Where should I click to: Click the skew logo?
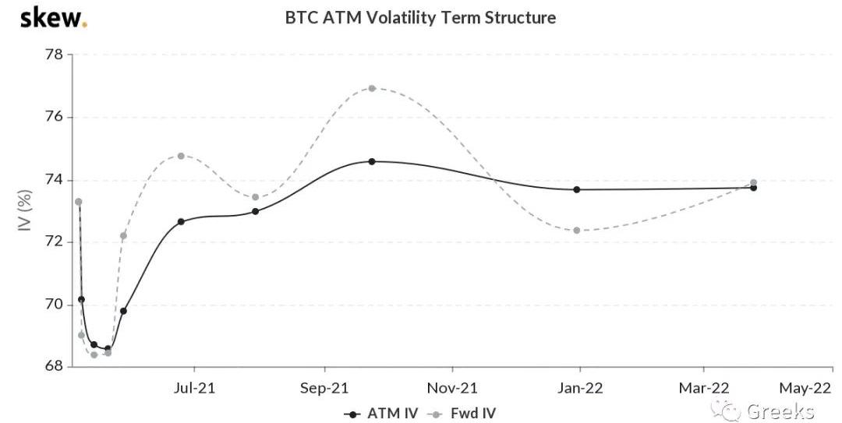coord(53,18)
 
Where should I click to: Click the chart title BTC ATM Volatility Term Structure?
coord(421,17)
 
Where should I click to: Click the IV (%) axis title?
coord(26,210)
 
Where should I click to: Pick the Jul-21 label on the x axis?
coord(194,387)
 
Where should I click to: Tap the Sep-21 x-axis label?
coord(324,387)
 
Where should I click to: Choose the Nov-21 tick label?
coord(453,387)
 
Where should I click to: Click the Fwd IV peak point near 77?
coord(372,88)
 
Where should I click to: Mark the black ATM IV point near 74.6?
coord(372,161)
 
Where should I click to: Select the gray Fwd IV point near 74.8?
coord(181,156)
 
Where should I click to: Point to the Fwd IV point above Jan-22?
coord(576,230)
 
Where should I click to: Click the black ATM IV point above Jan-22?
coord(576,189)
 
